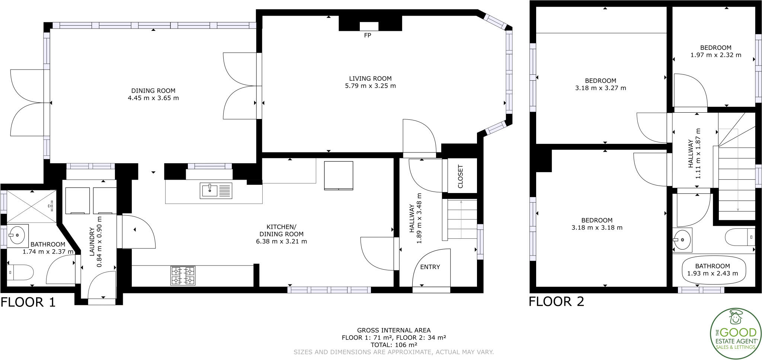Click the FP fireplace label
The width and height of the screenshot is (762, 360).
pyautogui.click(x=368, y=36)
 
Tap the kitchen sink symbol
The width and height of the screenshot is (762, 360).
pyautogui.click(x=216, y=190)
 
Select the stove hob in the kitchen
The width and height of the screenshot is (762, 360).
pyautogui.click(x=183, y=276)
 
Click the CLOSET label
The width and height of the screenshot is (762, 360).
pyautogui.click(x=460, y=176)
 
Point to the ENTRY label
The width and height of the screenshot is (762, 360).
pyautogui.click(x=430, y=267)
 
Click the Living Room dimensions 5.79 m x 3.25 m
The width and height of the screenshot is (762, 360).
pyautogui.click(x=370, y=86)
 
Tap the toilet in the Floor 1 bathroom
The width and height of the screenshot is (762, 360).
pyautogui.click(x=20, y=273)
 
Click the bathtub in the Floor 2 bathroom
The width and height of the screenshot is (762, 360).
pyautogui.click(x=714, y=270)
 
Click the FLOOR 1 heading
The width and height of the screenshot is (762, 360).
pyautogui.click(x=28, y=302)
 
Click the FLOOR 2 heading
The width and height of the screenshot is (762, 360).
pyautogui.click(x=556, y=301)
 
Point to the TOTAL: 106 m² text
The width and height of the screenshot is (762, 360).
pyautogui.click(x=394, y=345)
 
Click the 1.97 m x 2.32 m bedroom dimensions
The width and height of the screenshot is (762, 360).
pyautogui.click(x=715, y=55)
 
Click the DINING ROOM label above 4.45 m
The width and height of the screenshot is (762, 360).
pyautogui.click(x=153, y=91)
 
